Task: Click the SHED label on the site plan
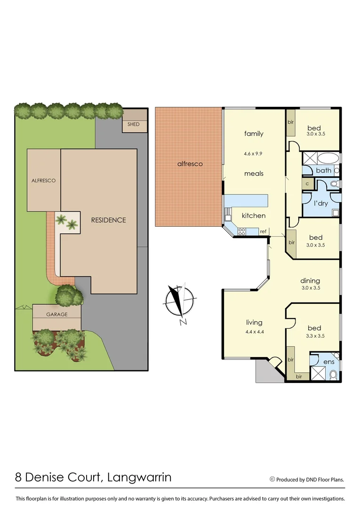[134, 124]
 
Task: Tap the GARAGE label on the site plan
[56, 314]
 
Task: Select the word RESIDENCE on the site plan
[108, 220]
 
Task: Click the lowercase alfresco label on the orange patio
[190, 164]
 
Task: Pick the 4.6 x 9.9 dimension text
[254, 153]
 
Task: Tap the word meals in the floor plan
[254, 174]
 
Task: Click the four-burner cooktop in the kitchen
[242, 231]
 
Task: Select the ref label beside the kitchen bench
[263, 231]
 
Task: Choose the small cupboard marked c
[307, 184]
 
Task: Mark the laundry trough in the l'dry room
[336, 212]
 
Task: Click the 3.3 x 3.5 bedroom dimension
[314, 336]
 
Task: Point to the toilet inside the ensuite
[334, 374]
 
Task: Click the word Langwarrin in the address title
[139, 478]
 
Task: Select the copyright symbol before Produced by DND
[272, 479]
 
